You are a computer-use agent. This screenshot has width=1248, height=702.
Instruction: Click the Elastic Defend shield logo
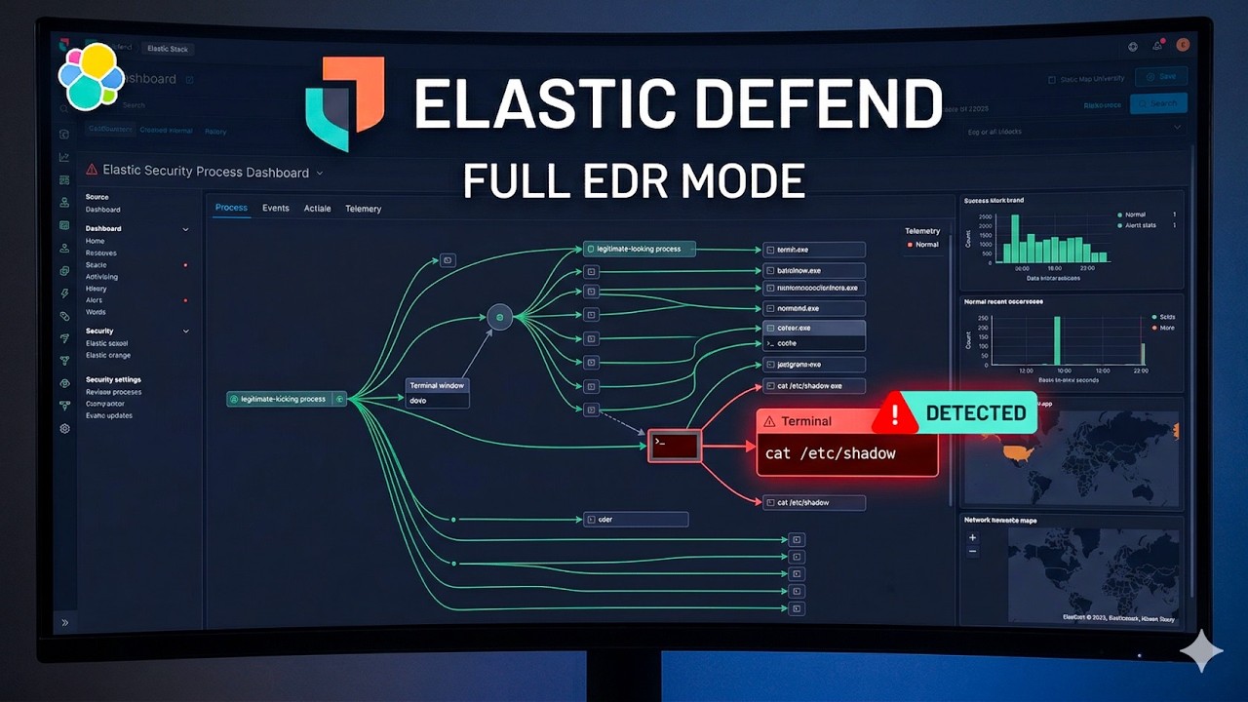(344, 106)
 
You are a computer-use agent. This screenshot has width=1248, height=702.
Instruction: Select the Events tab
(276, 209)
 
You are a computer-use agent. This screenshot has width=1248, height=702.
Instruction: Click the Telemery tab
(363, 209)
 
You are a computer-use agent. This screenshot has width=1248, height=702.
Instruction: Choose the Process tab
(231, 208)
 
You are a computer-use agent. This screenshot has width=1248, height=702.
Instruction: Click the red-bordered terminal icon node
(675, 446)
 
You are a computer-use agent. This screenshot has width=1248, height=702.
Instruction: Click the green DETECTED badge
(975, 412)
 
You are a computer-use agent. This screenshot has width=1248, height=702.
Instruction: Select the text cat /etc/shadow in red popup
(831, 453)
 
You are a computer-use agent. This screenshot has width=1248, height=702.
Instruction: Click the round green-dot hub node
(499, 317)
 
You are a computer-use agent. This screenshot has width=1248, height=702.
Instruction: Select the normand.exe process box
(814, 308)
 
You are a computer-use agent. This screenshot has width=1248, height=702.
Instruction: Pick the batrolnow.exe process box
(814, 270)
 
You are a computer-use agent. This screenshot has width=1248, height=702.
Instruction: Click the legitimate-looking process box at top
(639, 249)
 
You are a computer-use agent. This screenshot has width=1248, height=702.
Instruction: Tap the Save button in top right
(1160, 77)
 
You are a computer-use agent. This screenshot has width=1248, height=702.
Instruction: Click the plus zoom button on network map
(972, 537)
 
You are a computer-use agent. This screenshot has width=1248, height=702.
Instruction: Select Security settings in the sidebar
(113, 379)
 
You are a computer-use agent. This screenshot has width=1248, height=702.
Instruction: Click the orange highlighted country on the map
(1018, 452)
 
